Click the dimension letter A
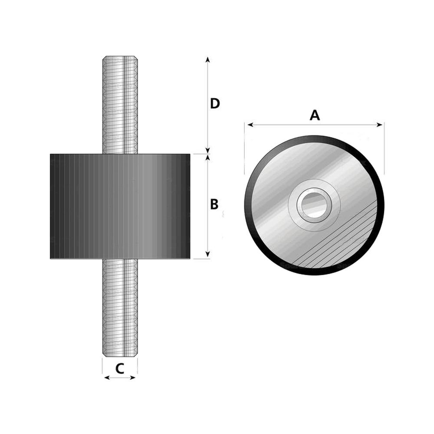(315, 115)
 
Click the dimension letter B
(214, 204)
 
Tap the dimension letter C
(120, 368)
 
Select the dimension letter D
(215, 104)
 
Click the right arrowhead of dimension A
(379, 125)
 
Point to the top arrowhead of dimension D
(208, 60)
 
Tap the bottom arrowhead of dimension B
(208, 254)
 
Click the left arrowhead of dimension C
(107, 378)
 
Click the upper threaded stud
(120, 105)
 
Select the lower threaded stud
(120, 308)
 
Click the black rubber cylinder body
(120, 207)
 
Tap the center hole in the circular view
(314, 205)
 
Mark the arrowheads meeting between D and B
(208, 154)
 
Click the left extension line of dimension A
(244, 148)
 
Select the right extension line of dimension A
(384, 148)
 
